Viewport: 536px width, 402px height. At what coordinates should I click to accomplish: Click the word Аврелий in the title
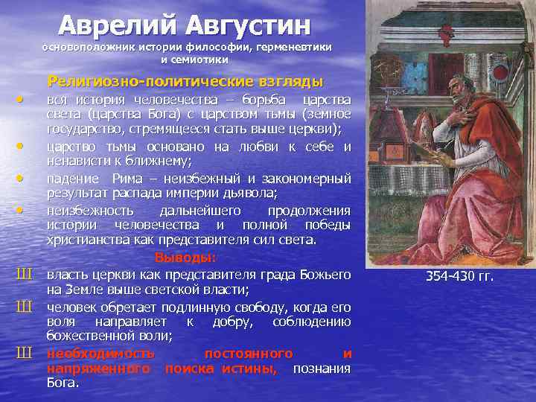[118, 26]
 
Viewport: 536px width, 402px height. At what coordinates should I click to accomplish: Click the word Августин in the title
[249, 26]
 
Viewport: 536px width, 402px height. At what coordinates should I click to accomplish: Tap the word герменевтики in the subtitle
[294, 47]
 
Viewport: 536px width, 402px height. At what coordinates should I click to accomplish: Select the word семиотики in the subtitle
[200, 60]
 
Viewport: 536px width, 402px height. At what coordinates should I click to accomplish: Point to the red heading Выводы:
[185, 258]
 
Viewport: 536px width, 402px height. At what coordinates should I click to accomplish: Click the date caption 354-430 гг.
[460, 276]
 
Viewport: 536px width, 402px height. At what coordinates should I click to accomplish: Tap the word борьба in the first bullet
[264, 100]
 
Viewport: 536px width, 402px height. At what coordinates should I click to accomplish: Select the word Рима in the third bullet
[127, 179]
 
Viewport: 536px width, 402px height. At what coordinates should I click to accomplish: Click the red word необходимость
[100, 354]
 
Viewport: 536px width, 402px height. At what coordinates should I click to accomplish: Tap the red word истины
[249, 368]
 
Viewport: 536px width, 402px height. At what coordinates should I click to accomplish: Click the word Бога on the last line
[63, 383]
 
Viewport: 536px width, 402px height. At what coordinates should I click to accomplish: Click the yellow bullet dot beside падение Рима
[20, 178]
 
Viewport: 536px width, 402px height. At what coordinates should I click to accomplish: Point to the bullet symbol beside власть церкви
[25, 275]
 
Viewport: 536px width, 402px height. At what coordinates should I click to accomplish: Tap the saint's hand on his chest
[461, 118]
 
